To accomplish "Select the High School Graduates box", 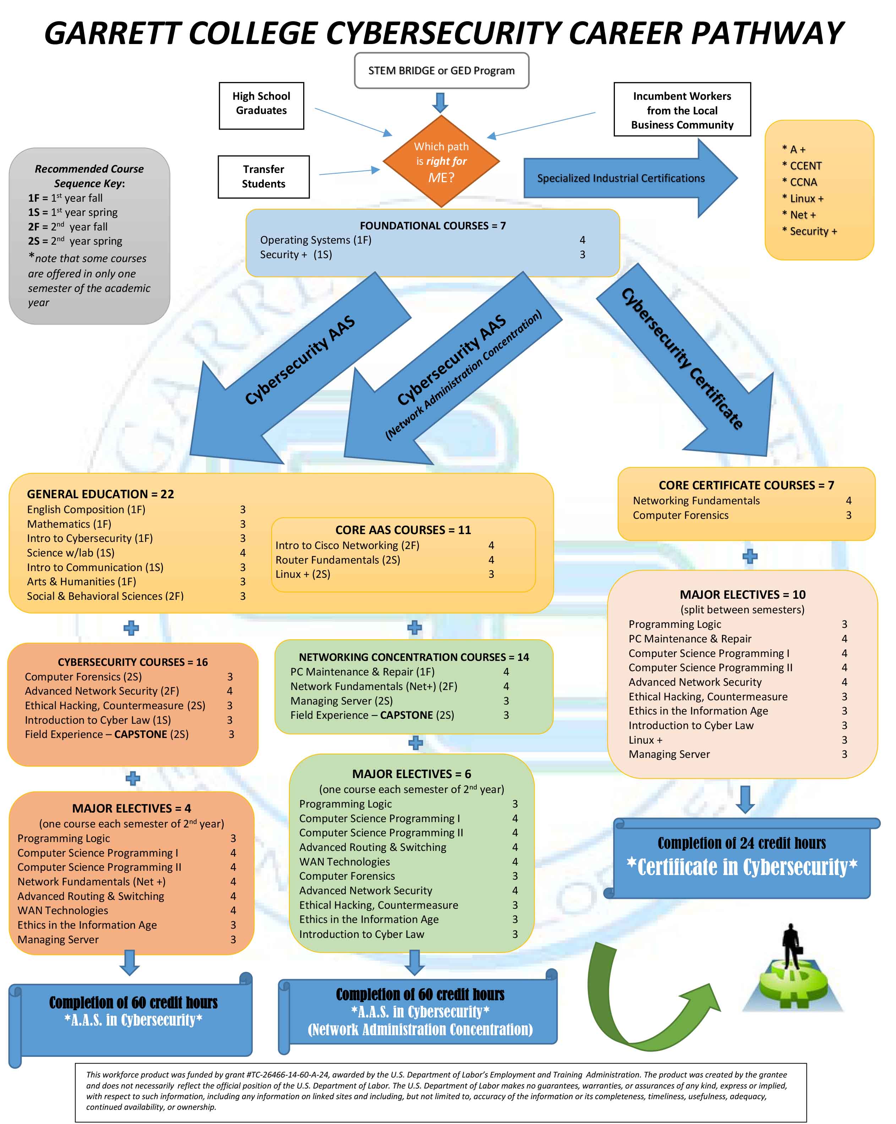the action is pos(261,105).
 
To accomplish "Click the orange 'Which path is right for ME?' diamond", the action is pos(441,162).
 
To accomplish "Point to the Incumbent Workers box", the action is pos(682,109).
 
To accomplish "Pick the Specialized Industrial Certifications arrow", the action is pos(630,178).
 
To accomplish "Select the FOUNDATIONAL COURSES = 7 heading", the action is pos(433,225).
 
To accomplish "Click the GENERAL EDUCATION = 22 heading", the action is pos(100,494).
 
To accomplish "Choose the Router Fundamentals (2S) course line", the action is pos(338,559).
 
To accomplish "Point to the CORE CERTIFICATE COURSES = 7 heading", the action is pos(746,485).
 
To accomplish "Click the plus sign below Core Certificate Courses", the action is pos(749,556).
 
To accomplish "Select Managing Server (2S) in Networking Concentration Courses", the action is pos(342,701).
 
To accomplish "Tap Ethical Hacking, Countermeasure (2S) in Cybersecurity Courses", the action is pos(115,705).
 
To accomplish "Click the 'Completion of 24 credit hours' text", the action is pos(742,843).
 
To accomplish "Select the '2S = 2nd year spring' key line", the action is pos(75,241).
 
